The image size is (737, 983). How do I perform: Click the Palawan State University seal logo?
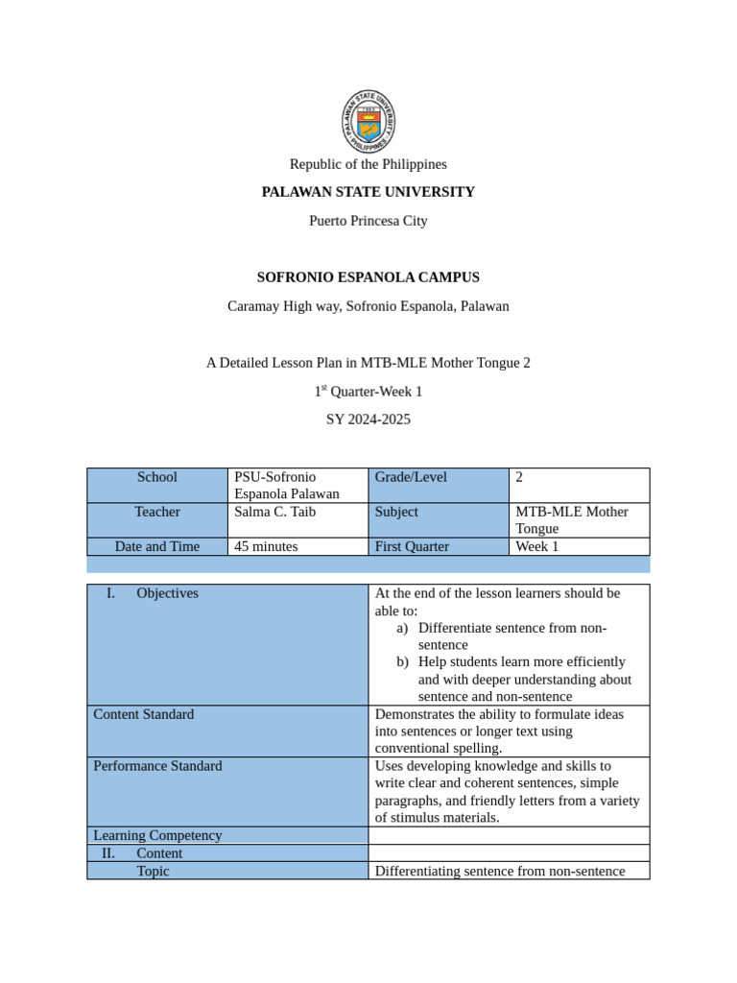pyautogui.click(x=368, y=121)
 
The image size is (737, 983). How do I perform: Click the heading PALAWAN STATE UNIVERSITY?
pyautogui.click(x=368, y=192)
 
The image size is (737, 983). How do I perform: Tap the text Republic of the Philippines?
pyautogui.click(x=368, y=164)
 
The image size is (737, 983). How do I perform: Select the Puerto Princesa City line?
pyautogui.click(x=368, y=221)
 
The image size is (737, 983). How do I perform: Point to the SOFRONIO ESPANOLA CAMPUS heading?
pyautogui.click(x=368, y=277)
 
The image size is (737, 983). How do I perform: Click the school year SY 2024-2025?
pyautogui.click(x=368, y=420)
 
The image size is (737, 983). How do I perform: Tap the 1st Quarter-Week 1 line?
pyautogui.click(x=368, y=392)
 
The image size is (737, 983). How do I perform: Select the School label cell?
pyautogui.click(x=157, y=477)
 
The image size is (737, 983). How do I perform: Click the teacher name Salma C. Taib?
pyautogui.click(x=274, y=512)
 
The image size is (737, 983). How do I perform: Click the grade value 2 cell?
pyautogui.click(x=519, y=477)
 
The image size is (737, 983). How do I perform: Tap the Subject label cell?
pyautogui.click(x=396, y=512)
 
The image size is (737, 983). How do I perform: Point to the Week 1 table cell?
pyautogui.click(x=536, y=546)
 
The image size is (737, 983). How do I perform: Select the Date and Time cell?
pyautogui.click(x=157, y=546)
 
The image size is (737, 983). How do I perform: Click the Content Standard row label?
pyautogui.click(x=144, y=714)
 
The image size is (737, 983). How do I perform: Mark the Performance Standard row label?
pyautogui.click(x=157, y=766)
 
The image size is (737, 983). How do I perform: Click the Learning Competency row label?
pyautogui.click(x=157, y=835)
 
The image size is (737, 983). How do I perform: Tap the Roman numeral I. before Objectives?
pyautogui.click(x=110, y=593)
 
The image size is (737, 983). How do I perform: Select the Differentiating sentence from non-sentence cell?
pyautogui.click(x=500, y=871)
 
